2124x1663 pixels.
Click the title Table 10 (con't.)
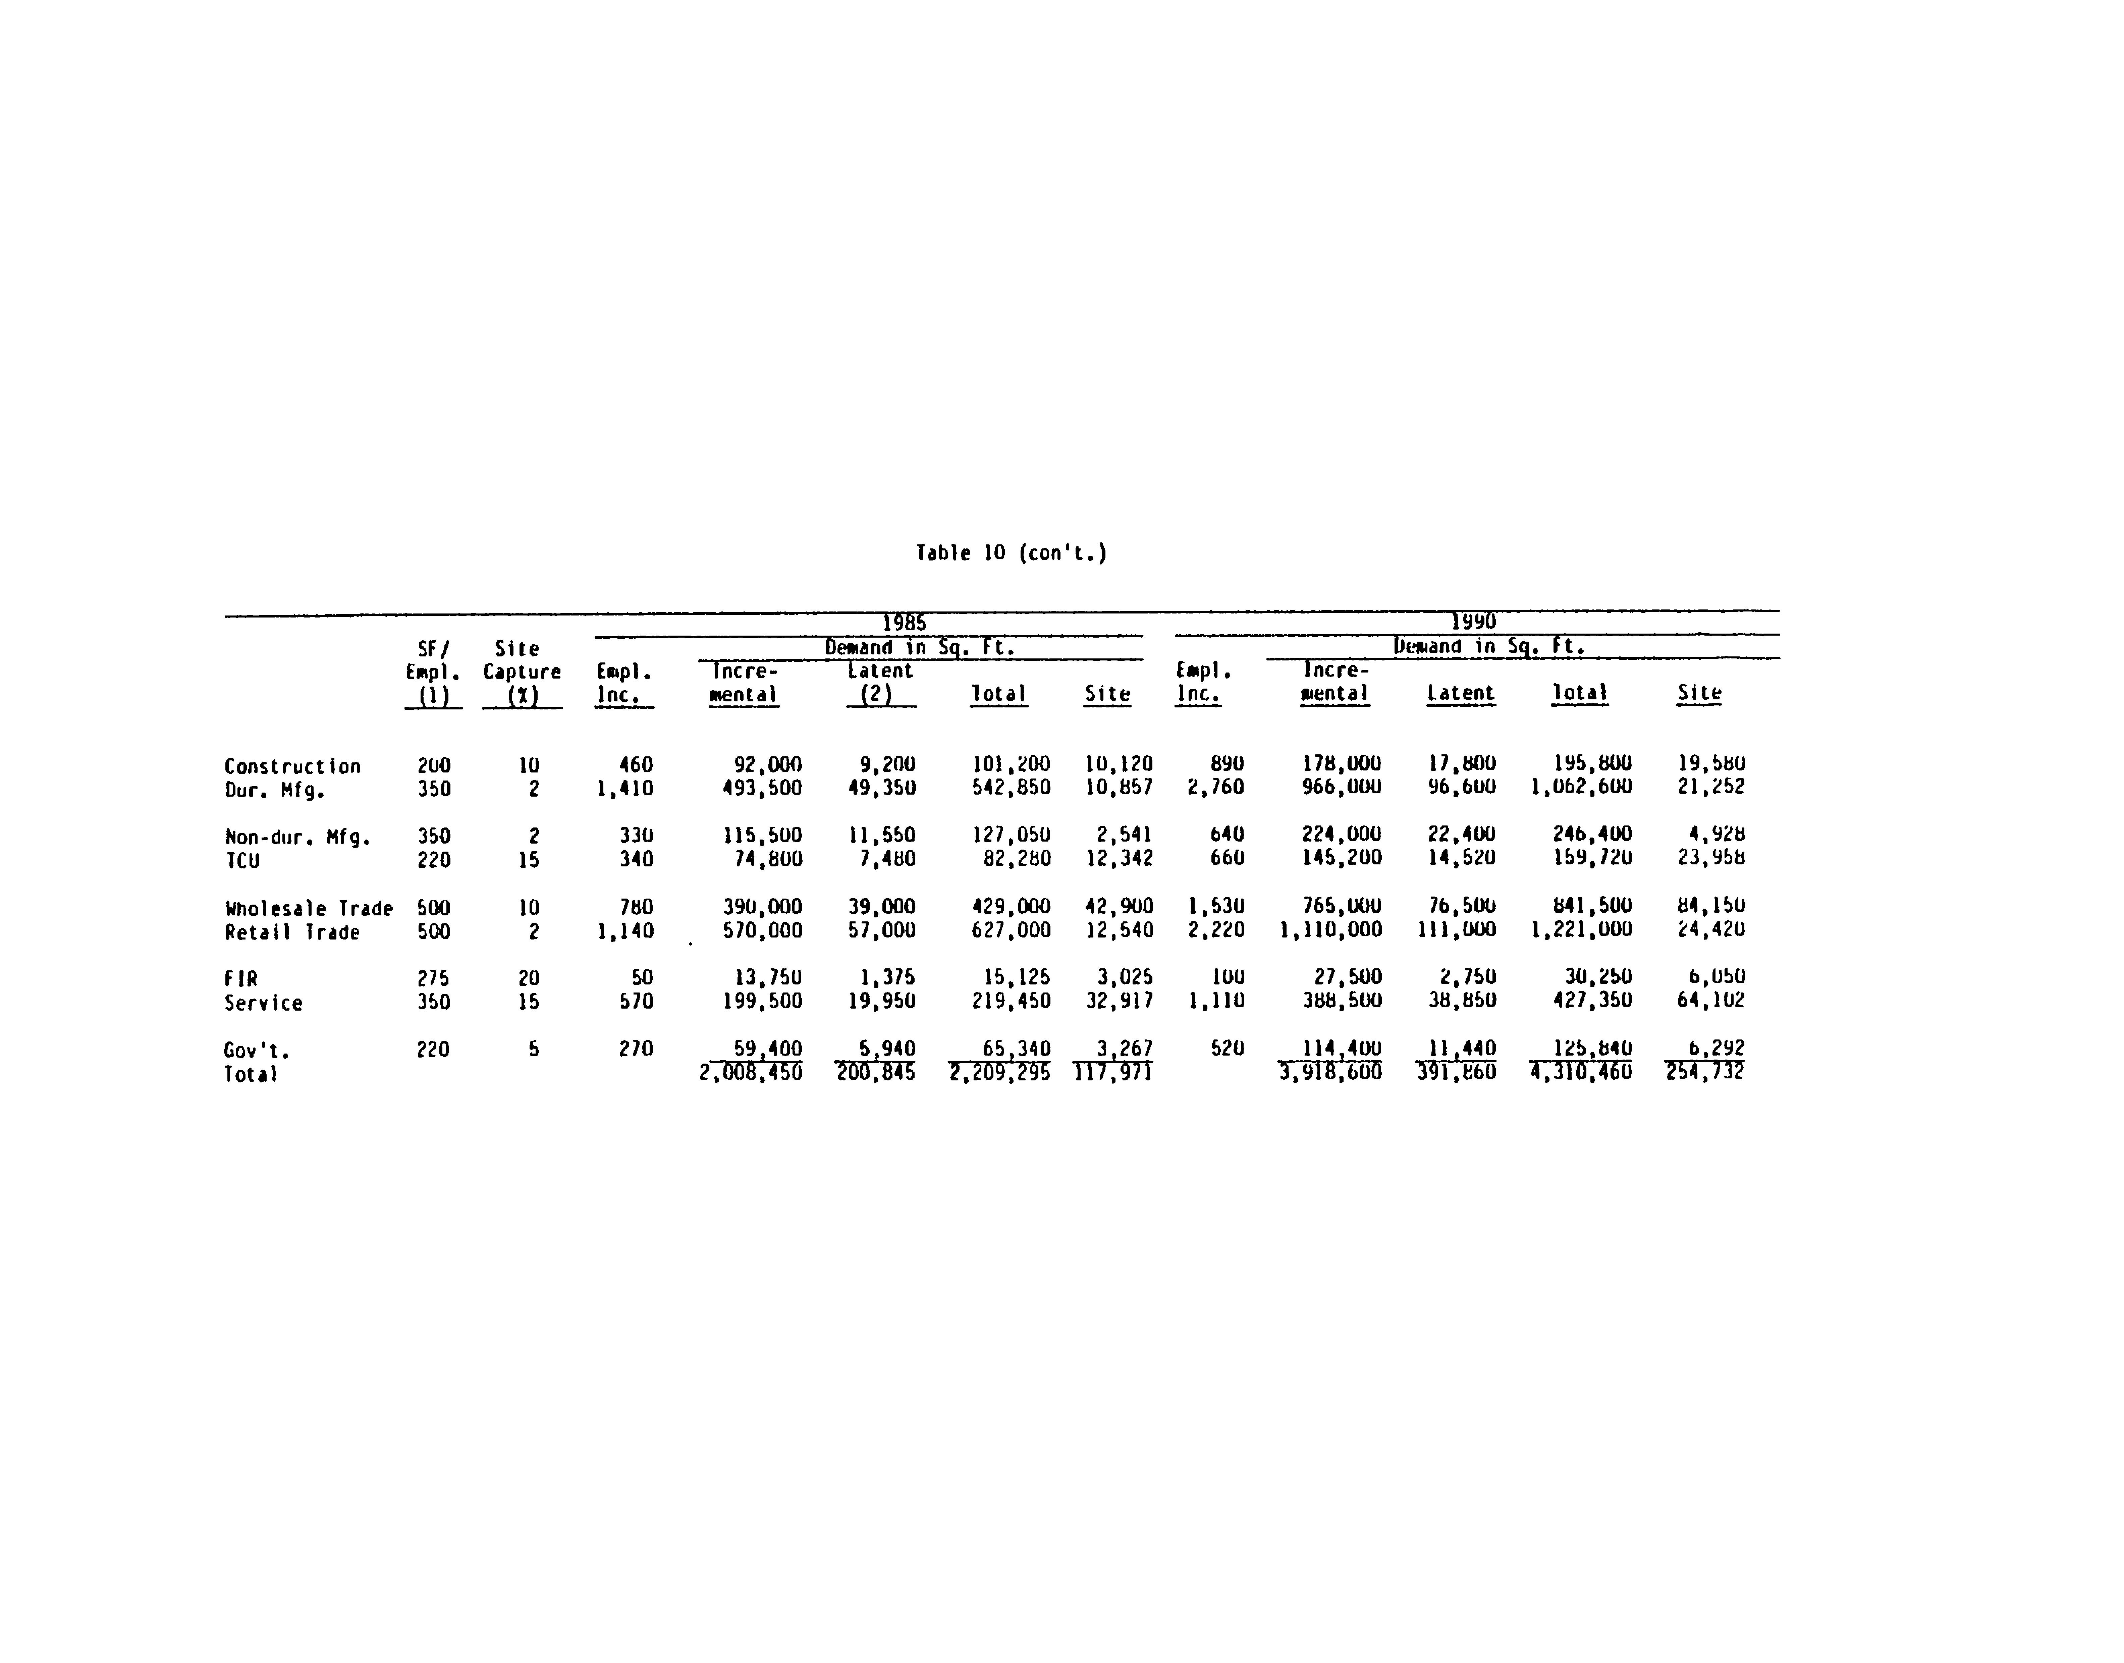[1012, 553]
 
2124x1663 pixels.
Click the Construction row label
[292, 766]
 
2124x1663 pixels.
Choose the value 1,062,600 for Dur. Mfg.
[1581, 787]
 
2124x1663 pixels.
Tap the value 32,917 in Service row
[1120, 1001]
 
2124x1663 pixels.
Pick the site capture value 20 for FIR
[529, 977]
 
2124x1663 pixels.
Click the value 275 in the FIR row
[433, 977]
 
